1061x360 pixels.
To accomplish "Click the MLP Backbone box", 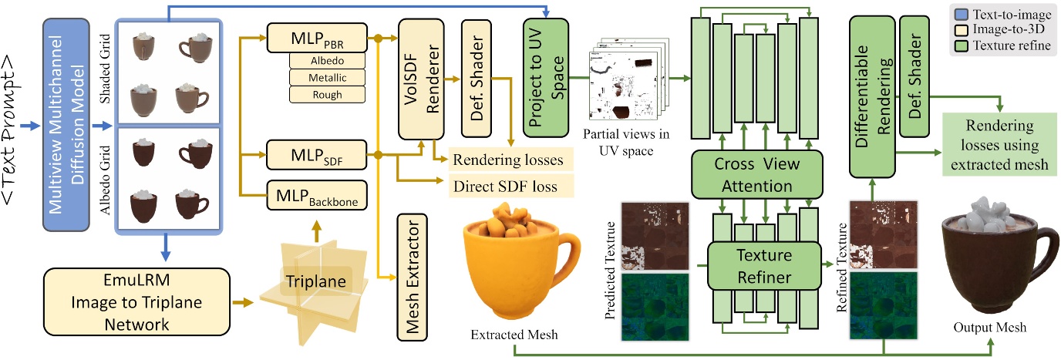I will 316,196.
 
